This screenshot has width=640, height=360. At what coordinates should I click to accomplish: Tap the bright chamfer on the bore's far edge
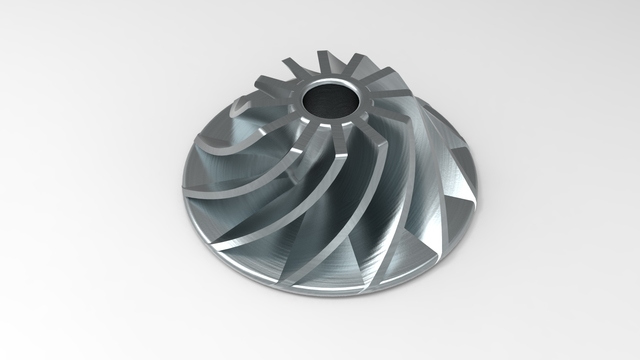pos(330,85)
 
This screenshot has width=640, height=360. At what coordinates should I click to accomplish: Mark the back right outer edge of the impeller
pos(455,140)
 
